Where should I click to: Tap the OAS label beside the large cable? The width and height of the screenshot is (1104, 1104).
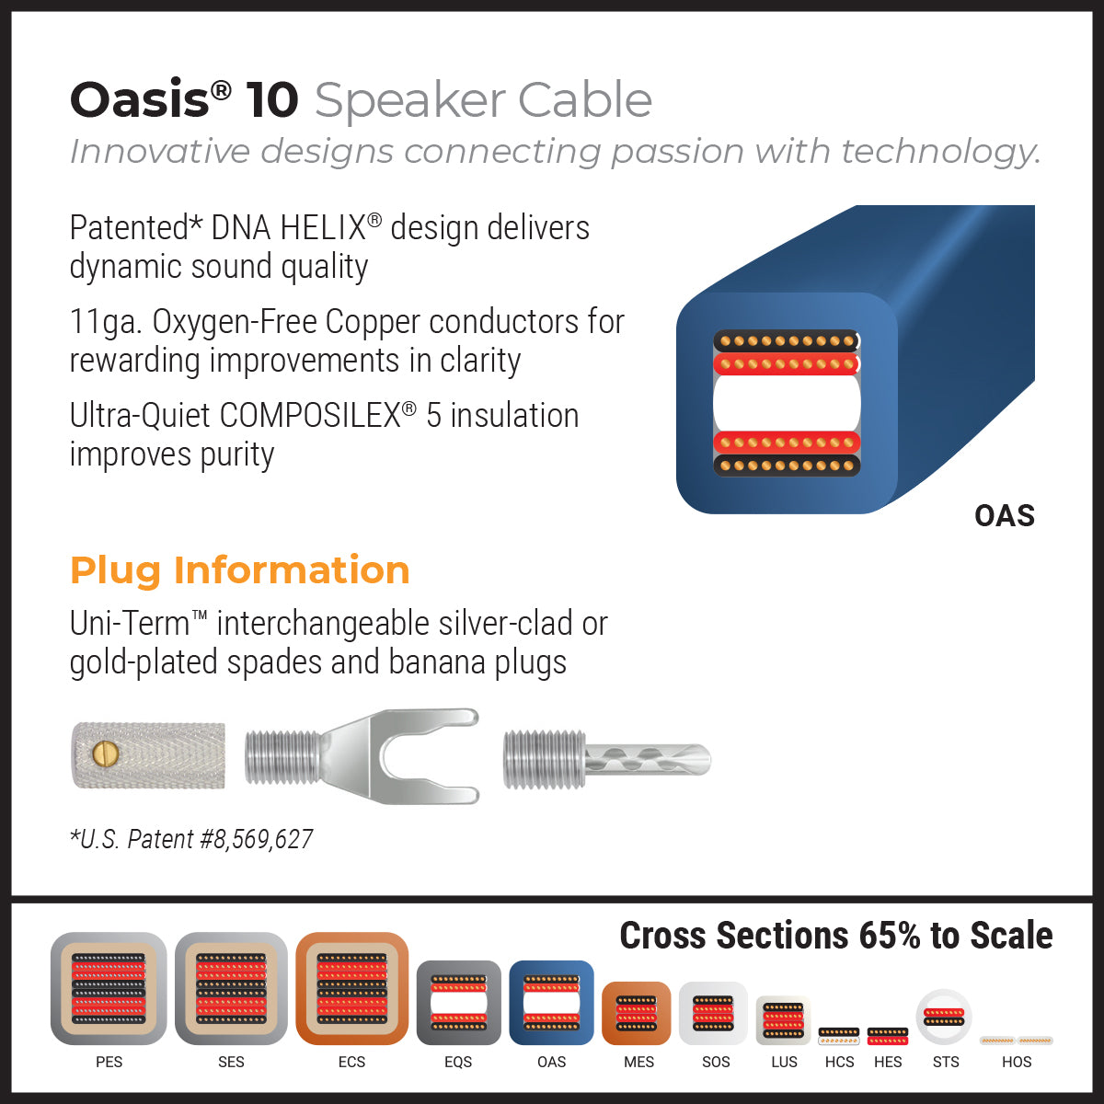1004,515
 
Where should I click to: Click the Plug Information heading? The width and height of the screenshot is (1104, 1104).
239,570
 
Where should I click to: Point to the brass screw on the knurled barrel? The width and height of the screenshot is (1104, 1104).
107,754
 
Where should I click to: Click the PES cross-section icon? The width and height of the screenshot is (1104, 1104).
109,989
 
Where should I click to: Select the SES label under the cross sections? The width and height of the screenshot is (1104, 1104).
231,1062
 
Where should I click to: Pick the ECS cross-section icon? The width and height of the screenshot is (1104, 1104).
351,989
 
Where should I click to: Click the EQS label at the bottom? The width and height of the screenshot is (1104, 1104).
458,1062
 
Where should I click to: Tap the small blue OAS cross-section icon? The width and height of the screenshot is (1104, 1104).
551,1003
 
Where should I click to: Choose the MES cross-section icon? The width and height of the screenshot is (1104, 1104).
637,1014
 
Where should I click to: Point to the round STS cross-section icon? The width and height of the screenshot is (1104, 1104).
944,1017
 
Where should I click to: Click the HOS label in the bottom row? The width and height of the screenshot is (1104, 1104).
1017,1062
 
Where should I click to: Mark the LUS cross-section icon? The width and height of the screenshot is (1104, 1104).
783,1021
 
